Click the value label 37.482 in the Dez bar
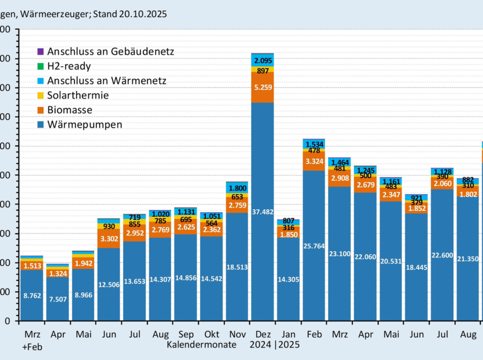262,212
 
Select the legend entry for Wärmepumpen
85,125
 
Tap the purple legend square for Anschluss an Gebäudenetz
40,52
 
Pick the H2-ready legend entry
69,66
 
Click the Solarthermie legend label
78,95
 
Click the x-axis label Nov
237,335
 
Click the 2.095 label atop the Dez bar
263,61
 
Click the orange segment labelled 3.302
109,238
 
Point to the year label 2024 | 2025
275,344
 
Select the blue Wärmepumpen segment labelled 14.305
288,279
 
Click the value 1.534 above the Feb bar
314,144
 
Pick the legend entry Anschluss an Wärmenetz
106,81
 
